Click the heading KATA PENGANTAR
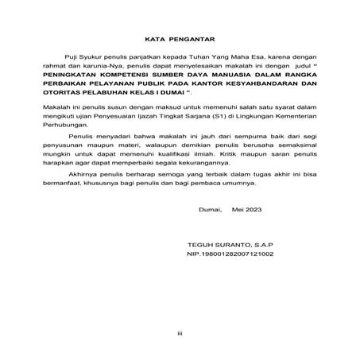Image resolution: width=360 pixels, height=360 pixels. click(x=180, y=37)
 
